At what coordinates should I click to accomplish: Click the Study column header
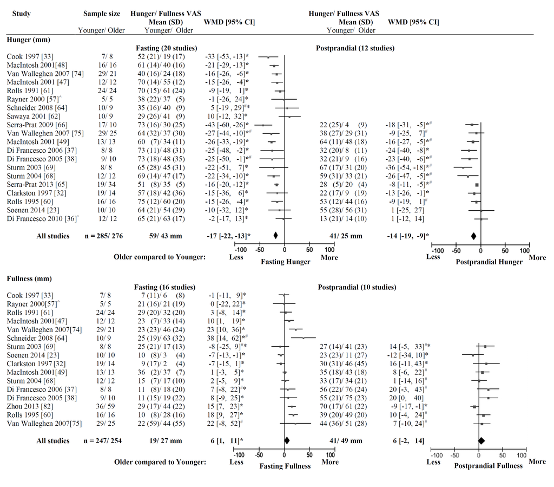[x=21, y=14]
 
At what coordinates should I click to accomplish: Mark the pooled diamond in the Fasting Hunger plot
[x=275, y=235]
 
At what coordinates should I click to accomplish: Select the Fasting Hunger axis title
[x=286, y=262]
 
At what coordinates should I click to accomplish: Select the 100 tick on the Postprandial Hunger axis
[x=524, y=251]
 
